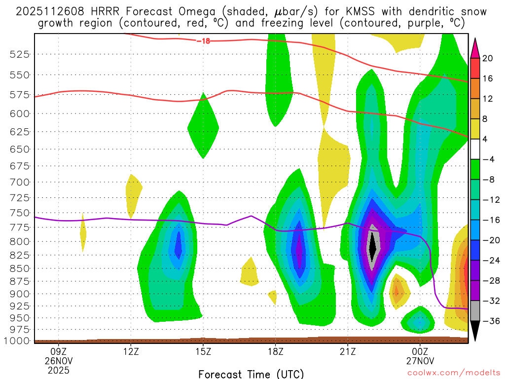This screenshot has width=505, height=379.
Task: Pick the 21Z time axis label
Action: point(348,352)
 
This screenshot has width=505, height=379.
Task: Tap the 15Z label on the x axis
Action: point(203,352)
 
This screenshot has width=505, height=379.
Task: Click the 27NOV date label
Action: point(420,361)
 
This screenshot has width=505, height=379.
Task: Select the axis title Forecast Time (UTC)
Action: point(251,374)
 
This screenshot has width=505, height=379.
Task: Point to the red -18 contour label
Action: point(203,41)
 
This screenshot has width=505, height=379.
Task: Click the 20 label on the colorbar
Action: point(488,58)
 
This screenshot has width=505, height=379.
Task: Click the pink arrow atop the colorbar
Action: point(475,48)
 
